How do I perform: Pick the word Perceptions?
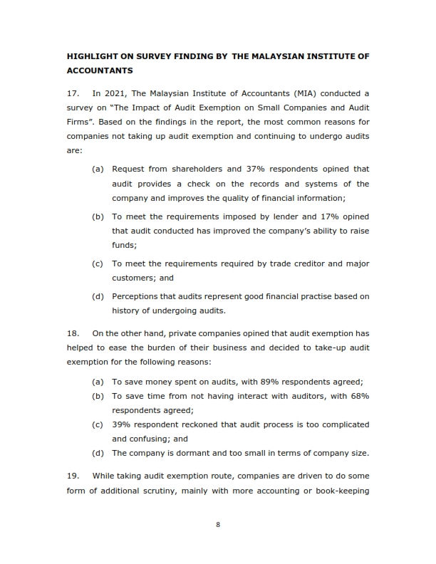pos(137,296)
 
